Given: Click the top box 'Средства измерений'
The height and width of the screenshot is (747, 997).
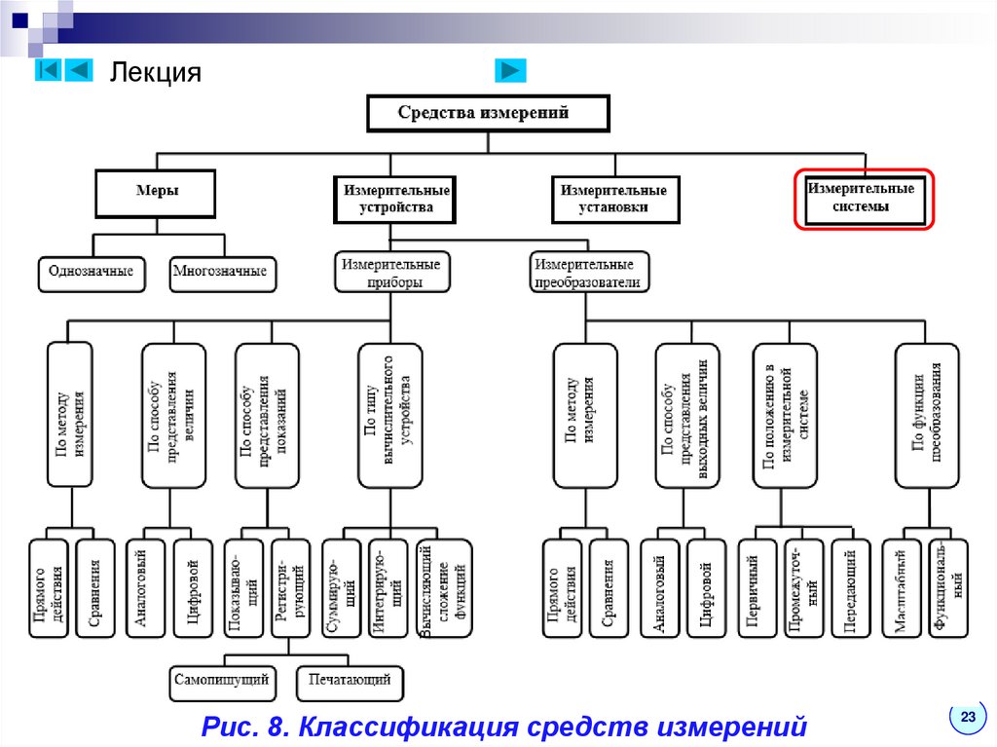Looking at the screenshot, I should (487, 113).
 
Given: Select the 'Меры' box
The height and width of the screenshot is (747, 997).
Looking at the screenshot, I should (156, 192).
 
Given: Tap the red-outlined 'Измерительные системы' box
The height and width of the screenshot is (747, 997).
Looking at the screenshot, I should (864, 199).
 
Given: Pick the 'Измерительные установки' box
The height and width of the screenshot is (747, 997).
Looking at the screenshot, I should (615, 199).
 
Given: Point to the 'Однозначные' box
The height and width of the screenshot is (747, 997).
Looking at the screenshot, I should (92, 272).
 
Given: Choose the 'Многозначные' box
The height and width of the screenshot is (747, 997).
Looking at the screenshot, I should (220, 272).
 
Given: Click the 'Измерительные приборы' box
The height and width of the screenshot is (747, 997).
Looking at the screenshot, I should (391, 273).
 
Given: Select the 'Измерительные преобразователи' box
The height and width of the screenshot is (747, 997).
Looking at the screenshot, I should (588, 273).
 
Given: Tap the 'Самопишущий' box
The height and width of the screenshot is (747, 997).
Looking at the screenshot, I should (221, 680).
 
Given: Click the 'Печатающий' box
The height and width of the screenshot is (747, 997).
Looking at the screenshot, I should (351, 680).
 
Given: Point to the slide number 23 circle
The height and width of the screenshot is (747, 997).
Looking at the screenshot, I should (967, 717).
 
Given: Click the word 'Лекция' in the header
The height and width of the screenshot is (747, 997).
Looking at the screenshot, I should (155, 73).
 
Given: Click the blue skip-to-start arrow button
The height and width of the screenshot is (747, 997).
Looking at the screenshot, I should (50, 70).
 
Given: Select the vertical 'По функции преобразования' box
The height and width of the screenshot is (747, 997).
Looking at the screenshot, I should (926, 414).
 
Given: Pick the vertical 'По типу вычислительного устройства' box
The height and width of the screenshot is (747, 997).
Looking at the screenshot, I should (390, 414).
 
